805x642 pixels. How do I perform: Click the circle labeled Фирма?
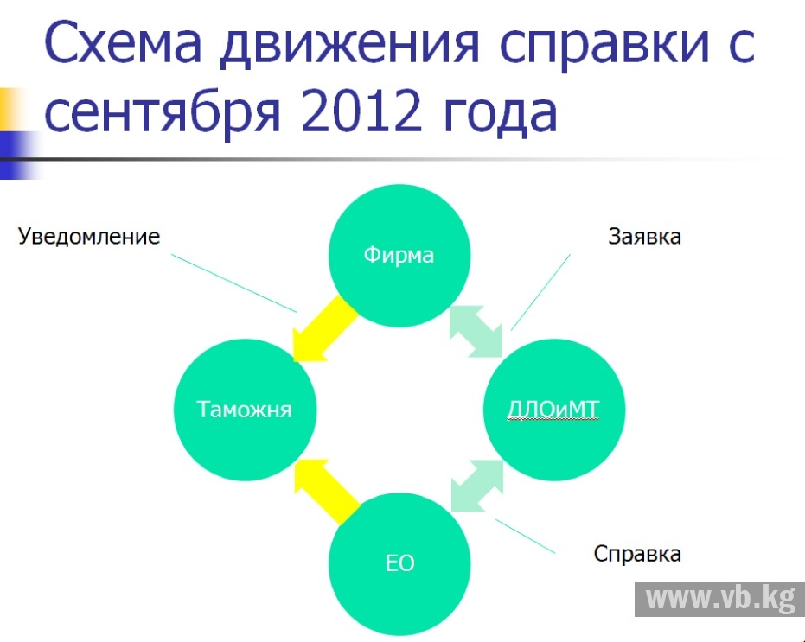pyautogui.click(x=399, y=256)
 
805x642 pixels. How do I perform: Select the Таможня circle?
pyautogui.click(x=245, y=410)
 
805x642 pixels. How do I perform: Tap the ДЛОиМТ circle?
pyautogui.click(x=554, y=410)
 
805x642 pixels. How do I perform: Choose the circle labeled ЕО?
pyautogui.click(x=399, y=564)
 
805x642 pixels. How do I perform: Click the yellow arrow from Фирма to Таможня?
pyautogui.click(x=323, y=329)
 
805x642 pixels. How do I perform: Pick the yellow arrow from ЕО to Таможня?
pyautogui.click(x=325, y=491)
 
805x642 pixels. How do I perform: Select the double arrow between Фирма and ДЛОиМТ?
pyautogui.click(x=476, y=331)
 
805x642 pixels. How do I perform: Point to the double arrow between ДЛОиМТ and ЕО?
pyautogui.click(x=477, y=486)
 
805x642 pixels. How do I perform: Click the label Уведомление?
pyautogui.click(x=89, y=237)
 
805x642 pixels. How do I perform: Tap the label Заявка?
pyautogui.click(x=644, y=237)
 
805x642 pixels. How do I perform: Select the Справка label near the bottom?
pyautogui.click(x=637, y=554)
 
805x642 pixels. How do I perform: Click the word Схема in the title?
pyautogui.click(x=123, y=42)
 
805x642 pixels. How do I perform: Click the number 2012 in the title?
pyautogui.click(x=361, y=110)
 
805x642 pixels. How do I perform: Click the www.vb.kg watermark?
pyautogui.click(x=719, y=599)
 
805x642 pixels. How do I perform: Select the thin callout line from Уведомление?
pyautogui.click(x=234, y=283)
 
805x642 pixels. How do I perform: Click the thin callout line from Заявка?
pyautogui.click(x=540, y=292)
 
